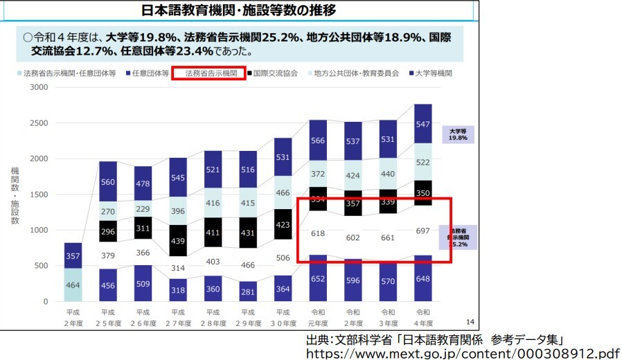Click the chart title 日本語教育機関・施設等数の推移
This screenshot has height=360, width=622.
pyautogui.click(x=240, y=11)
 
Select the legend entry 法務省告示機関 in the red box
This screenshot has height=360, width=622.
pyautogui.click(x=211, y=73)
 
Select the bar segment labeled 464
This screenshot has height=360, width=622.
pyautogui.click(x=72, y=285)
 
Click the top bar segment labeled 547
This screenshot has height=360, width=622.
pyautogui.click(x=423, y=124)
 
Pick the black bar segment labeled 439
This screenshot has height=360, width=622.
pyautogui.click(x=178, y=240)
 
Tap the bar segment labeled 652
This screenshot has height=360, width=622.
pyautogui.click(x=317, y=278)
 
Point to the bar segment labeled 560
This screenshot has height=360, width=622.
pyautogui.click(x=107, y=182)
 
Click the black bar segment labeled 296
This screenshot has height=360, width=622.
pyautogui.click(x=107, y=231)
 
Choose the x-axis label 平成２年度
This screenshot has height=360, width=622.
pyautogui.click(x=72, y=318)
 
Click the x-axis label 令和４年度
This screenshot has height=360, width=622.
pyautogui.click(x=423, y=318)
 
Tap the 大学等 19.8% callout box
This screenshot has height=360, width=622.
pyautogui.click(x=458, y=134)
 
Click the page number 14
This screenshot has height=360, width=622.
pyautogui.click(x=470, y=321)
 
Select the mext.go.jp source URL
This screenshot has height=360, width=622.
pyautogui.click(x=463, y=353)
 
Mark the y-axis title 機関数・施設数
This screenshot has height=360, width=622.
pyautogui.click(x=15, y=195)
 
